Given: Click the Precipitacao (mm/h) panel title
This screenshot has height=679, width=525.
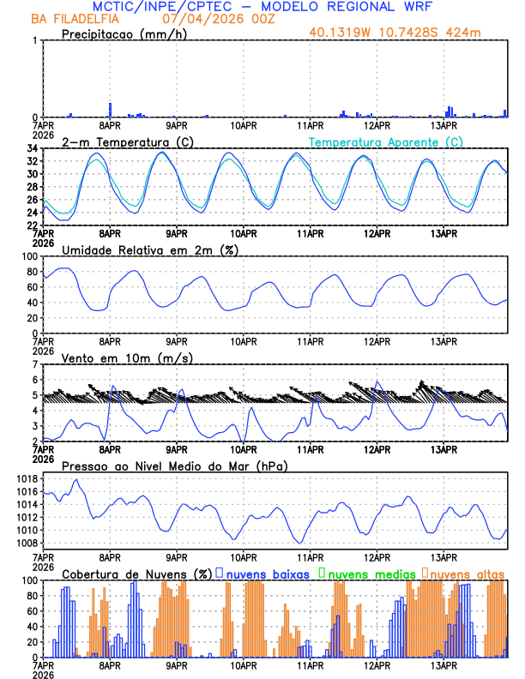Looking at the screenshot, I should [123, 33].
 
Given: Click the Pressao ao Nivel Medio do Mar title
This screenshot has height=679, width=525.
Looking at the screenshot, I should [175, 466].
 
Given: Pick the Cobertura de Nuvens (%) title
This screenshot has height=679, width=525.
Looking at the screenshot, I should [136, 574].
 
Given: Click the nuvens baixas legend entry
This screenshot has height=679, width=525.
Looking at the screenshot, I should [266, 574].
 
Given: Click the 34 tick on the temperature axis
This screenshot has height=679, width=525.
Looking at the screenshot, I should [33, 148].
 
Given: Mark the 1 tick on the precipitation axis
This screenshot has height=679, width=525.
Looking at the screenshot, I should [35, 40].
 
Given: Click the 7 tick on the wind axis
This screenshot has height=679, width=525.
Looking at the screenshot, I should [35, 364].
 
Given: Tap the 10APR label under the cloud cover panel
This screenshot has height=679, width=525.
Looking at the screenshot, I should [244, 665].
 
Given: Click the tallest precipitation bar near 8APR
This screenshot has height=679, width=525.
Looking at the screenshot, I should [110, 110].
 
